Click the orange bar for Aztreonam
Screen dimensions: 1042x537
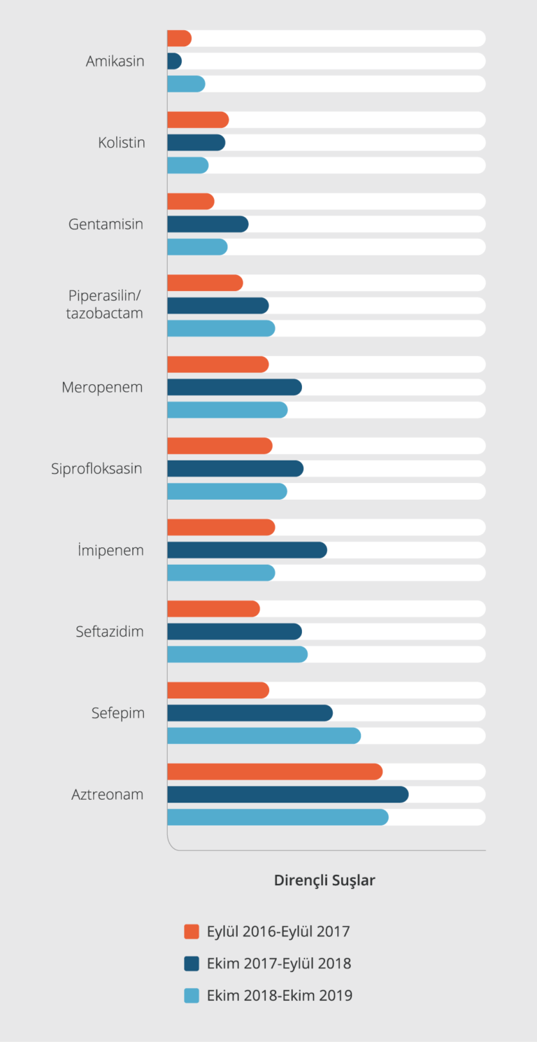[275, 772]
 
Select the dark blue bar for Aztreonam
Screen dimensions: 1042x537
[287, 794]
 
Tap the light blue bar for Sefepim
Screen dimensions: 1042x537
[264, 735]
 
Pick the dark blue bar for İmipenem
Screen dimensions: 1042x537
[247, 550]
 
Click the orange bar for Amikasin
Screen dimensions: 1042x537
[179, 38]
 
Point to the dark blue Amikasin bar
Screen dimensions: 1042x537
[175, 61]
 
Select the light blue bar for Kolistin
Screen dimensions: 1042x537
[187, 165]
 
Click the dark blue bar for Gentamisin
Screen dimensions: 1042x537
[208, 224]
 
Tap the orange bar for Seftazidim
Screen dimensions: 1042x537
[213, 609]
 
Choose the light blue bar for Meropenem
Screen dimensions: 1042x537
[227, 410]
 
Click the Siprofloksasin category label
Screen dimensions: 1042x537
[96, 469]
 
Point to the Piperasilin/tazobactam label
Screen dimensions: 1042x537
[105, 304]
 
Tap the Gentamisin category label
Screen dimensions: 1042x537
[106, 225]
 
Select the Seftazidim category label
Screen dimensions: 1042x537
[110, 632]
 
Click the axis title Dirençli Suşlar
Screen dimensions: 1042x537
[324, 880]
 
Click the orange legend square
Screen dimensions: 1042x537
[192, 931]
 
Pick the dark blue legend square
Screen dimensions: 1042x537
[192, 964]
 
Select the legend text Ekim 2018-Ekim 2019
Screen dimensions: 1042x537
[280, 995]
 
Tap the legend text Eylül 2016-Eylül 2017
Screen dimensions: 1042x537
[278, 931]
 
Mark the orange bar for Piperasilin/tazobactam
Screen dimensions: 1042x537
[205, 283]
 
